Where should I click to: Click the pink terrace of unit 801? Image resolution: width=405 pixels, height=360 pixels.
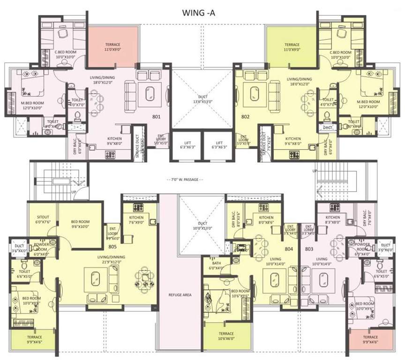pos(112,46)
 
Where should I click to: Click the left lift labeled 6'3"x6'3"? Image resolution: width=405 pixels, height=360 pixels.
pos(186,145)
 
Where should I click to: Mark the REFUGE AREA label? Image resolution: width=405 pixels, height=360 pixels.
pos(180,295)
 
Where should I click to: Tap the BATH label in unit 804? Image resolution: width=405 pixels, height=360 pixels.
pos(217,265)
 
